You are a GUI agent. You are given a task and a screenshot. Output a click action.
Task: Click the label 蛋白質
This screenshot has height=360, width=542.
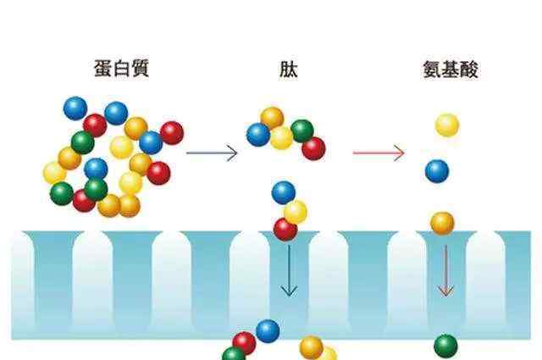(121, 68)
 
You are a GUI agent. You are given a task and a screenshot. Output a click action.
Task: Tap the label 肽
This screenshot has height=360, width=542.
(288, 69)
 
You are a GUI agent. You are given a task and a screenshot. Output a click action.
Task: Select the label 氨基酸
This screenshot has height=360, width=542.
(451, 69)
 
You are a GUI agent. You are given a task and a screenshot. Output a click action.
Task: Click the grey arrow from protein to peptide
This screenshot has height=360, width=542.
(212, 152)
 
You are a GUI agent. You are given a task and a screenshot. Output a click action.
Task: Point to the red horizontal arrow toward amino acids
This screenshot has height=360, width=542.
(379, 152)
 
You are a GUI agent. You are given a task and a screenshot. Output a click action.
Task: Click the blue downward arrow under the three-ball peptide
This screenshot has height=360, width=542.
(289, 271)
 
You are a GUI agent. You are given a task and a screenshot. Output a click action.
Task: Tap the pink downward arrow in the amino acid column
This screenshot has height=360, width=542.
(445, 271)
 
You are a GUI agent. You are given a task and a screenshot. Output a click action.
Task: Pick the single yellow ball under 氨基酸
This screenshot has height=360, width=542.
(447, 125)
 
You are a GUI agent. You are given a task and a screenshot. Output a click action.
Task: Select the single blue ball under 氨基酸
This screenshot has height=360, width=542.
(437, 171)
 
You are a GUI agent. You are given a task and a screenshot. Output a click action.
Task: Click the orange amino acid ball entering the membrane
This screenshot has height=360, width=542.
(442, 223)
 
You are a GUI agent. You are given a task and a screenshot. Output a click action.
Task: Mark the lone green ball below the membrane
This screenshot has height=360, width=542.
(445, 346)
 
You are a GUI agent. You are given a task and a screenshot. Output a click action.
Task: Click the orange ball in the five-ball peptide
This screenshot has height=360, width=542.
(272, 119)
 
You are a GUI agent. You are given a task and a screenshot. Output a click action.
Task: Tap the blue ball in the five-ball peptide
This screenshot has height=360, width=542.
(258, 135)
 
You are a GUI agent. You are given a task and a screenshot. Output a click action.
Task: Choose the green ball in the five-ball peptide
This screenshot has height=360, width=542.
(302, 131)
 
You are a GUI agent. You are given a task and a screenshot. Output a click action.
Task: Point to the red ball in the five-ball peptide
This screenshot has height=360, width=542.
(313, 148)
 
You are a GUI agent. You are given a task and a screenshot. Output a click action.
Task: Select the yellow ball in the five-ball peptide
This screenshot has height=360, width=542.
(281, 138)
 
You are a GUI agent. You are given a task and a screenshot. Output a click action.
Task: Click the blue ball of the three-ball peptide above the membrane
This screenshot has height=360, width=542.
(284, 192)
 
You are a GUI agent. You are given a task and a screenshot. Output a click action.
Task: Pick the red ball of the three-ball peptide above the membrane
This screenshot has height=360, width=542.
(285, 230)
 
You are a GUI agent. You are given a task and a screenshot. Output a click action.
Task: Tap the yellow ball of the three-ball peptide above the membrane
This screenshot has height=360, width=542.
(296, 213)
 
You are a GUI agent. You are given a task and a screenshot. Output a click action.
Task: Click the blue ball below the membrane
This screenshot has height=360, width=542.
(268, 331)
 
